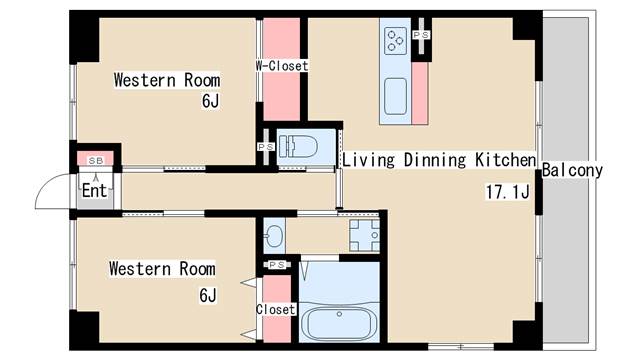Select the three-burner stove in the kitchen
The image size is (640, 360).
click(396, 40)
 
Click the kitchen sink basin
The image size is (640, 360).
click(396, 96)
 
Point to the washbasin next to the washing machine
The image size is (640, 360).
click(273, 236)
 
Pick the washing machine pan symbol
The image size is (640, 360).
click(364, 236)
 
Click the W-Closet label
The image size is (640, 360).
click(282, 66)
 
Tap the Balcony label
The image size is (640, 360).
click(572, 170)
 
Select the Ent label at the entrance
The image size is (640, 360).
click(94, 191)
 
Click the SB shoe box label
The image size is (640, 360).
click(96, 161)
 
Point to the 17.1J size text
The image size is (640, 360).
click(507, 191)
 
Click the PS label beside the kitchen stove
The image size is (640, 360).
click(421, 35)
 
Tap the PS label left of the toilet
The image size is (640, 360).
click(266, 147)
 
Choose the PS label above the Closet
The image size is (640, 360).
click(277, 265)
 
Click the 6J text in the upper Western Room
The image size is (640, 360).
click(210, 101)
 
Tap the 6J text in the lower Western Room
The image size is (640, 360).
click(208, 295)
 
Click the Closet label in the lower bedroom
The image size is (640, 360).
click(276, 309)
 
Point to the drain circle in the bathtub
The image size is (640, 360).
click(339, 314)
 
